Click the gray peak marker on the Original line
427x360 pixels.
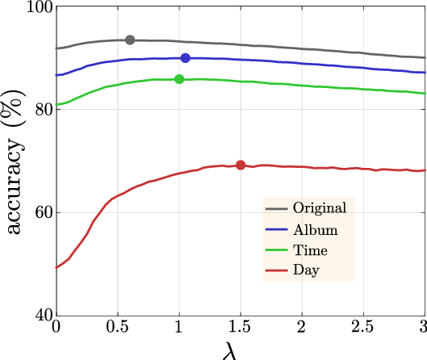[x=130, y=40]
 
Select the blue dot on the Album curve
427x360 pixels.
[x=186, y=58]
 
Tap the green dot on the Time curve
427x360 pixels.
[x=179, y=79]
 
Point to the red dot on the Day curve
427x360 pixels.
[x=241, y=165]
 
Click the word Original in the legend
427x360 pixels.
[x=320, y=208]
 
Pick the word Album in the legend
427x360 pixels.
[x=315, y=229]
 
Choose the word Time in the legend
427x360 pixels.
[x=310, y=250]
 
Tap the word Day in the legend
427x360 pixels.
[x=306, y=270]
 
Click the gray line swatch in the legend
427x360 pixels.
[x=277, y=209]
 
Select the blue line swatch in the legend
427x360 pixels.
[x=277, y=230]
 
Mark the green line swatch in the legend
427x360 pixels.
[x=277, y=250]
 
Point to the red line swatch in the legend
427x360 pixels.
[x=277, y=270]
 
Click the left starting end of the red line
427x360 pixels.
[x=57, y=267]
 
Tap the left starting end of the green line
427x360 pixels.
[x=57, y=105]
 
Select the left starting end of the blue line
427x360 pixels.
[x=57, y=75]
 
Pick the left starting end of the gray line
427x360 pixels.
[x=57, y=48]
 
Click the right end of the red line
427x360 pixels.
[x=425, y=170]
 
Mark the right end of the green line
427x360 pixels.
[x=425, y=94]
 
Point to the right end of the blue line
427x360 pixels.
[x=425, y=73]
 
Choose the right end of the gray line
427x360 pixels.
[x=425, y=57]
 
